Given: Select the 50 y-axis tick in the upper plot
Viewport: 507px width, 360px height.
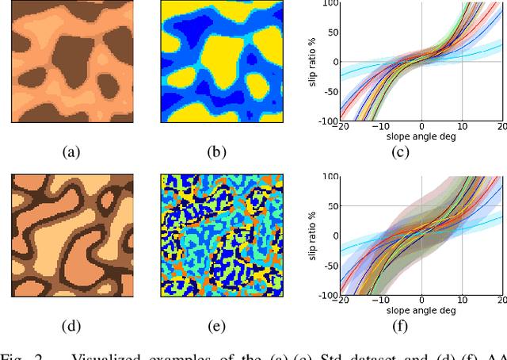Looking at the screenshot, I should click(x=331, y=33).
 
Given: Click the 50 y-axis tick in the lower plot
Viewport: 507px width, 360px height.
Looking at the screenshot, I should click(x=331, y=206).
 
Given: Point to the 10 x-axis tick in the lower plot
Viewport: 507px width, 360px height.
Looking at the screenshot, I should click(x=461, y=301).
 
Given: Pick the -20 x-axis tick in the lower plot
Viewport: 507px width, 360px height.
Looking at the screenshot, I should click(x=341, y=301).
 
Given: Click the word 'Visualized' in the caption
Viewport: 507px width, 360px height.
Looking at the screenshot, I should click(x=108, y=354).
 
